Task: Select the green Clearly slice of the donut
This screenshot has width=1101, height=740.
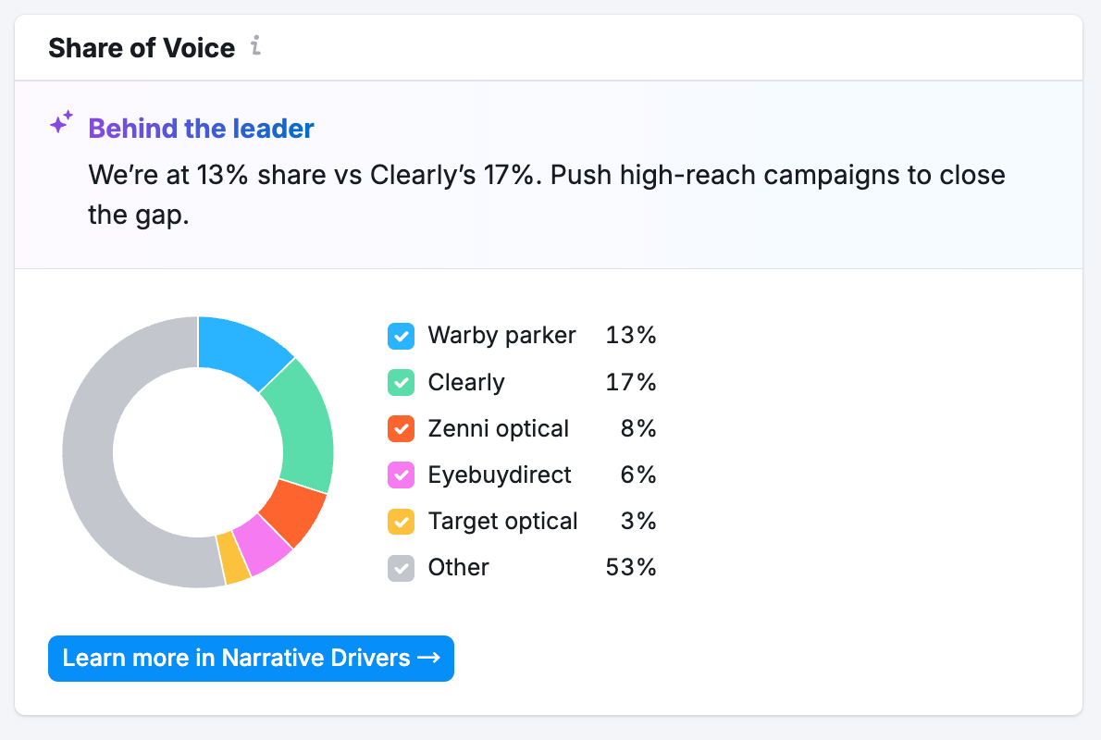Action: tap(302, 425)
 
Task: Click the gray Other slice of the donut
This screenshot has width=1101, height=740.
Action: tap(102, 462)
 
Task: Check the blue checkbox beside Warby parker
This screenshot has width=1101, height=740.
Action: tap(401, 336)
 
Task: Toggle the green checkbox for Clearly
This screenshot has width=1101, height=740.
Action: tap(401, 382)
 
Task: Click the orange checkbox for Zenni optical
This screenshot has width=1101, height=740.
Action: tap(401, 428)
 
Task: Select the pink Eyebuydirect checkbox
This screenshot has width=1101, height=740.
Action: tap(401, 475)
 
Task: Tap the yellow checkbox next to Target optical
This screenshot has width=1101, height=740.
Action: tap(401, 521)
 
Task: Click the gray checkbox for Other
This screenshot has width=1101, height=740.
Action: tap(401, 567)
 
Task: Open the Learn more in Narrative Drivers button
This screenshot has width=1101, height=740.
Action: tap(251, 659)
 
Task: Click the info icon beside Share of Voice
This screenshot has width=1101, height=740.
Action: tap(256, 46)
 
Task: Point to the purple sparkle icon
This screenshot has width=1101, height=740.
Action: tap(61, 123)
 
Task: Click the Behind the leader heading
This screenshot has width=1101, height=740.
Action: tap(201, 129)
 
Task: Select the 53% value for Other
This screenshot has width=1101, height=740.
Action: tap(631, 567)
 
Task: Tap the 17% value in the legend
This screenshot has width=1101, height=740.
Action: tap(631, 382)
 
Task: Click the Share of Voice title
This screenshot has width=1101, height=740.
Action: tap(142, 47)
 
